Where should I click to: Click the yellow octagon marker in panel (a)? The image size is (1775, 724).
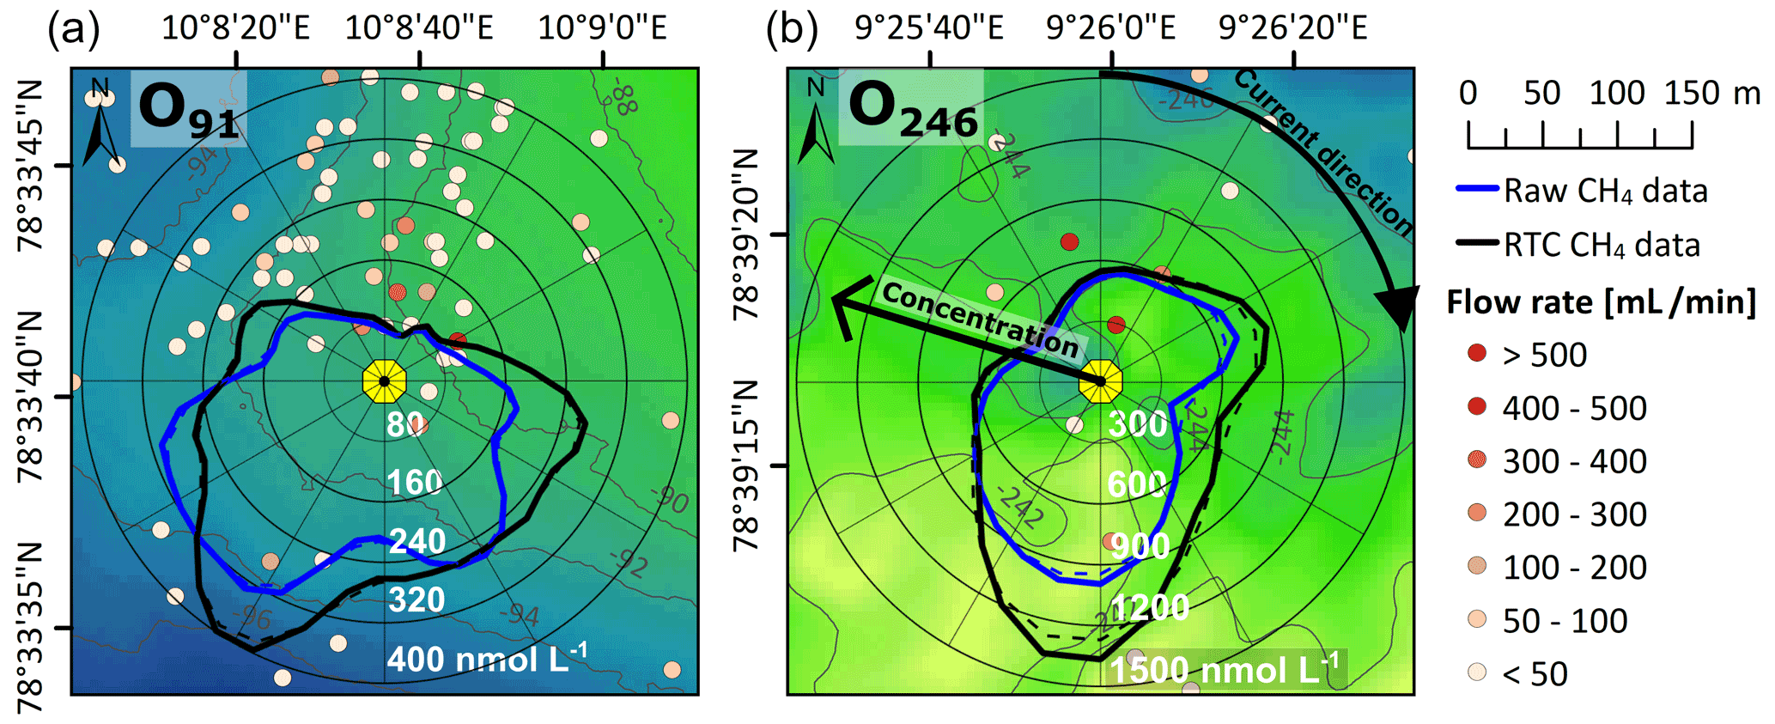384,380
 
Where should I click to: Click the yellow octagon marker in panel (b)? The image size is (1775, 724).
1100,380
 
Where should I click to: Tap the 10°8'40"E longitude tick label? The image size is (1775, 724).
419,28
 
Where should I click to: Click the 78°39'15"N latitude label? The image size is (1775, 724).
746,466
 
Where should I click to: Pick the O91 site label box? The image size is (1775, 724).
188,109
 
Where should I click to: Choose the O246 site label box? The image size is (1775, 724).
911,109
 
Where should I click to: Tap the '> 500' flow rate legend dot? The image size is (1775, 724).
1477,353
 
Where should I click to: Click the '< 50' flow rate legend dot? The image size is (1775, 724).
1477,672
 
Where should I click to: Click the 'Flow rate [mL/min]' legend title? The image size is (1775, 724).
1601,302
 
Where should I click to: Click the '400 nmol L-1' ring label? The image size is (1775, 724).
487,659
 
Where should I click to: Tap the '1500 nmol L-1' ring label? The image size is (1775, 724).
1224,669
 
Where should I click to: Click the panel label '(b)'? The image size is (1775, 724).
791,29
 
